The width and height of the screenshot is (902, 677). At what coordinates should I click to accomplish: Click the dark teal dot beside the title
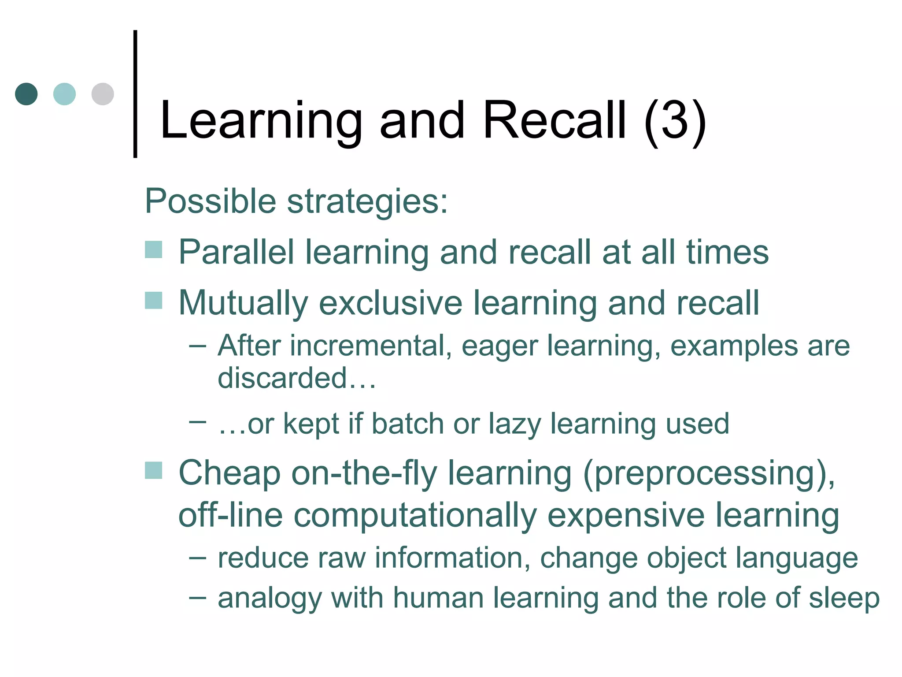26,94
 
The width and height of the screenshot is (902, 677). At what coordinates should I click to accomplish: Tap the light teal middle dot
64,94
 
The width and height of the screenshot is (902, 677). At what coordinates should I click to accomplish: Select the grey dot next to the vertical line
103,94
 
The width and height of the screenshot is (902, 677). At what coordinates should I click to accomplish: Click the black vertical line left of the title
135,94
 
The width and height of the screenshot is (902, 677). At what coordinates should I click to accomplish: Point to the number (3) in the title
675,120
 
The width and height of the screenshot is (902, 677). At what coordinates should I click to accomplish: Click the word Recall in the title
555,120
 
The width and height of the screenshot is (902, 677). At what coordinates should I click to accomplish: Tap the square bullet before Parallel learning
154,249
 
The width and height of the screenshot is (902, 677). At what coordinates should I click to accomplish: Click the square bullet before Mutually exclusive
154,301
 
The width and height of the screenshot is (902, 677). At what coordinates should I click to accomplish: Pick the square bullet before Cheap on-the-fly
154,470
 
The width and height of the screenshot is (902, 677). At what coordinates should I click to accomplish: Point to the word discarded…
297,378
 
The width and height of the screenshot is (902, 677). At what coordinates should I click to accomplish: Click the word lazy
515,424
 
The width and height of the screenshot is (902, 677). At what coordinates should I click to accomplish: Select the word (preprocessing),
709,474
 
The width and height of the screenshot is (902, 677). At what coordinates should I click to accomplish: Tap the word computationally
415,516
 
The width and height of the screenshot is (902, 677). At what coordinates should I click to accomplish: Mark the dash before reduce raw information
197,558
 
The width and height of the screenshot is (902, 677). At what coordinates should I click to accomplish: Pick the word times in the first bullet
727,252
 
